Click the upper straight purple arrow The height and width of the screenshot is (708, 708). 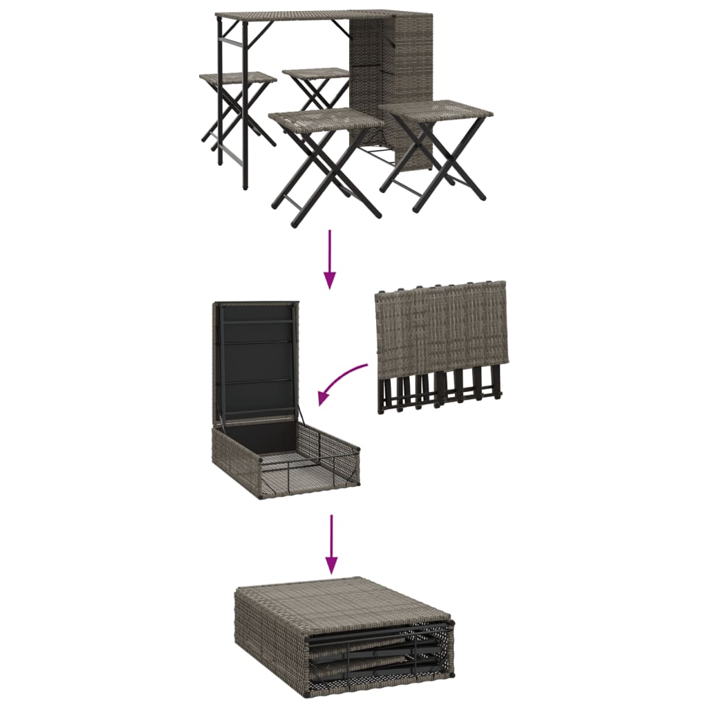[330, 259]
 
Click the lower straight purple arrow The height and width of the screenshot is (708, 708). [333, 543]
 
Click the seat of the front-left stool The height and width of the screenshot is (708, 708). [325, 118]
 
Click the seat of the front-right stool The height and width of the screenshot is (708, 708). [436, 109]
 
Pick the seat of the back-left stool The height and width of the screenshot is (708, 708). [237, 77]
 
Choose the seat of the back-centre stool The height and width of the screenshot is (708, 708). [316, 73]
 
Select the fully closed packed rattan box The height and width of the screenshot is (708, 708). [342, 636]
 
